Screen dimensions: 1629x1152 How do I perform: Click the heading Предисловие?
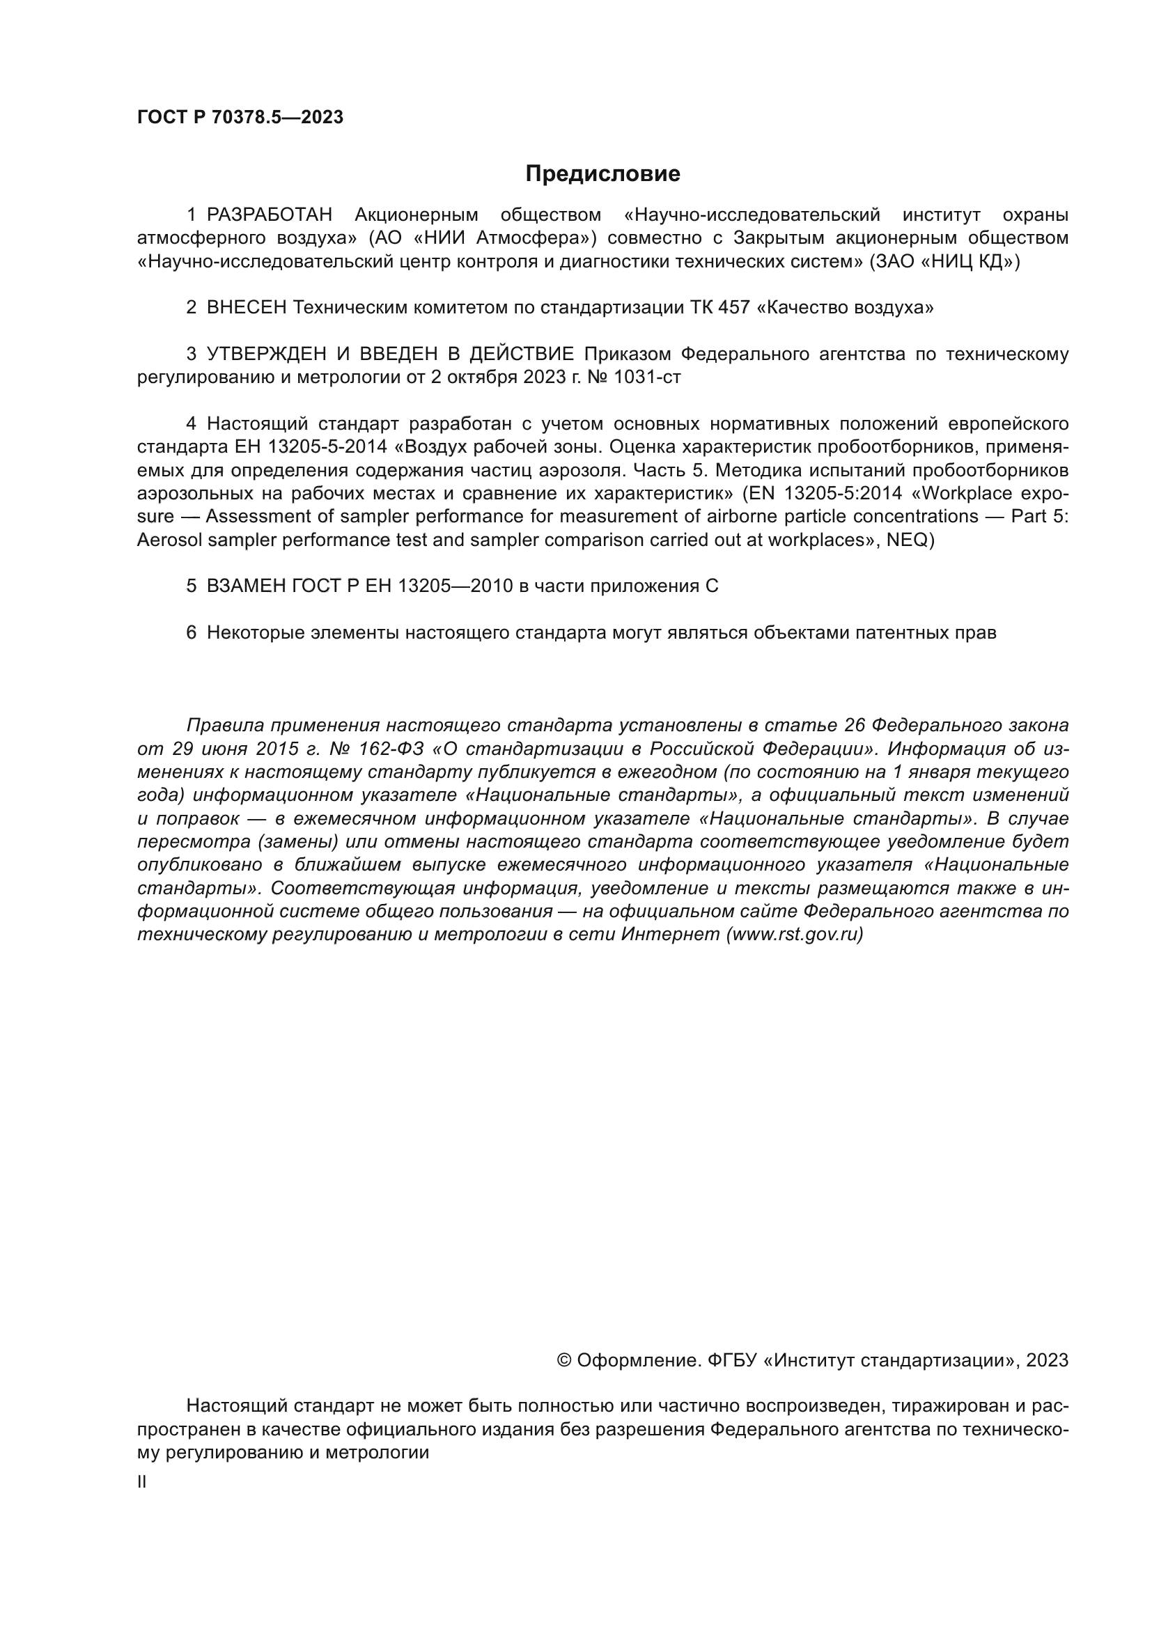pyautogui.click(x=602, y=174)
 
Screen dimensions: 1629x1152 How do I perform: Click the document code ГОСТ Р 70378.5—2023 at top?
pyautogui.click(x=240, y=118)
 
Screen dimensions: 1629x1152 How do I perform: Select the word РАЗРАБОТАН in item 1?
pyautogui.click(x=270, y=215)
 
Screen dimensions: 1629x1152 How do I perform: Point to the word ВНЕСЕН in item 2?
pyautogui.click(x=247, y=307)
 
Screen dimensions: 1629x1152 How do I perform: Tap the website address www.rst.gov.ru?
pyautogui.click(x=795, y=935)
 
